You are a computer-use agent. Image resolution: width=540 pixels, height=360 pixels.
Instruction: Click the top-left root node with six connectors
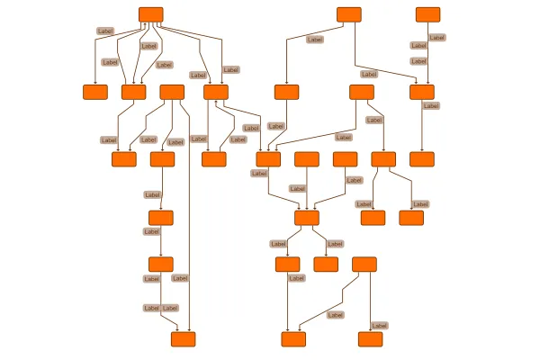[x=151, y=14]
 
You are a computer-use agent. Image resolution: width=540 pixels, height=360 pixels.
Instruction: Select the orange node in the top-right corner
[x=427, y=14]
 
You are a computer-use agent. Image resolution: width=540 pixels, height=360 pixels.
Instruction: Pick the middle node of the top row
[x=349, y=14]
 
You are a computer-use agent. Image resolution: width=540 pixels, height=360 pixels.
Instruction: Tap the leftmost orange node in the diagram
[x=95, y=92]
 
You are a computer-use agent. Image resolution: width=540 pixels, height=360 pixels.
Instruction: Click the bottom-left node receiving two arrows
[x=184, y=339]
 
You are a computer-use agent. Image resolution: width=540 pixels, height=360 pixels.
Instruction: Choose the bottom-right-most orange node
[x=370, y=339]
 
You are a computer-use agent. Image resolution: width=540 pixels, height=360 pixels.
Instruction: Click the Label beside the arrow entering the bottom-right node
[x=380, y=326]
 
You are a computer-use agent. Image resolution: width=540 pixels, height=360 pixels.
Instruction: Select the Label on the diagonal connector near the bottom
[x=335, y=315]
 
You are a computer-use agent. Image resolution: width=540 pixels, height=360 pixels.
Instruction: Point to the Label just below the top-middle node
[x=315, y=40]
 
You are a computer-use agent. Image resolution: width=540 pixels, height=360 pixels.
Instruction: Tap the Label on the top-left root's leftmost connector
[x=105, y=31]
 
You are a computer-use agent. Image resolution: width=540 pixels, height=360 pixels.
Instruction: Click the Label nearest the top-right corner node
[x=437, y=37]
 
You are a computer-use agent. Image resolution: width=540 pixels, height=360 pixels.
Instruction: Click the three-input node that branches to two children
[x=307, y=218]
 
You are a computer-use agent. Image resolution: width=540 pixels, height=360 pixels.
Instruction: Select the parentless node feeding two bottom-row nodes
[x=364, y=265]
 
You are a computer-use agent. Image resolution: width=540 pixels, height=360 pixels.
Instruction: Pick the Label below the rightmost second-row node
[x=431, y=106]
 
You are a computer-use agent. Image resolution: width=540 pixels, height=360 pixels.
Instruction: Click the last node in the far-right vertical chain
[x=422, y=159]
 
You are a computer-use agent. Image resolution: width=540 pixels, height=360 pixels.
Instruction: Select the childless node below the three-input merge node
[x=326, y=265]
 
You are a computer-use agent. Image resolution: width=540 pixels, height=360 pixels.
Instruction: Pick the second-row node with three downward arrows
[x=172, y=92]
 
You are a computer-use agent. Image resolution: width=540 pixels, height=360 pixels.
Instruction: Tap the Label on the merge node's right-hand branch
[x=335, y=244]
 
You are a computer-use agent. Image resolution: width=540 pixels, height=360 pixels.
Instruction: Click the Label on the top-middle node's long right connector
[x=369, y=74]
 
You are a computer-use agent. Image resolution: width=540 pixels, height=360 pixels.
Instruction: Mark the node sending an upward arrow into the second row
[x=214, y=159]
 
